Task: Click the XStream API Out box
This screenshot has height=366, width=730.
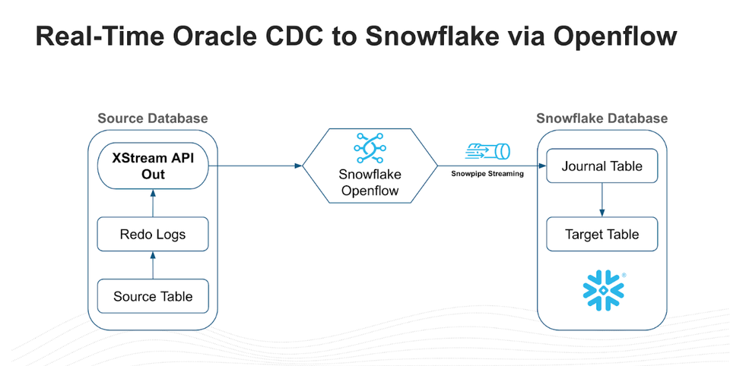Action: point(153,166)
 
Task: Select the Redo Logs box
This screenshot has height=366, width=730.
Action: point(153,235)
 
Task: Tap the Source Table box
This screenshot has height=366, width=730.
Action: point(153,296)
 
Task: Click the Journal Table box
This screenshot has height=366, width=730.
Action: point(601,166)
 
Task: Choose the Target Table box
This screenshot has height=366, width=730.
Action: point(601,235)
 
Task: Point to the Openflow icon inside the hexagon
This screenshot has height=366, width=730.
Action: point(370,146)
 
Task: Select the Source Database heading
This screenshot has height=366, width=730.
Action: point(153,118)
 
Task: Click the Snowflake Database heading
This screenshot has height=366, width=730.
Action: point(601,118)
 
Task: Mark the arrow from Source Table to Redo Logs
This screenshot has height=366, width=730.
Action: point(153,267)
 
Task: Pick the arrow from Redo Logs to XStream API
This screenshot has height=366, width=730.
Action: point(153,204)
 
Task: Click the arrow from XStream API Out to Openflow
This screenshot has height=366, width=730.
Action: point(255,165)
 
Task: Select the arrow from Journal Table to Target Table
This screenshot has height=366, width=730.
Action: point(601,200)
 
